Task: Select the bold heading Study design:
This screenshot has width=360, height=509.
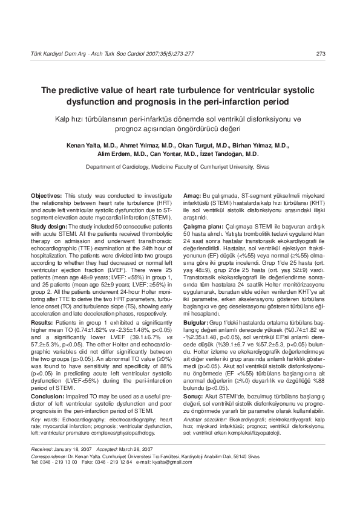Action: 50,225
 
